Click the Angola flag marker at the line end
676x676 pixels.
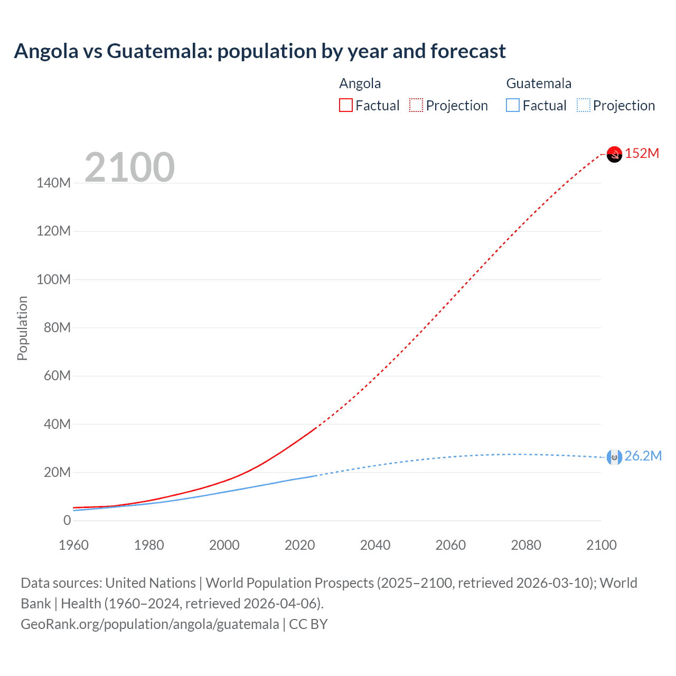[614, 154]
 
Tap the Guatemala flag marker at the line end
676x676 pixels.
[614, 457]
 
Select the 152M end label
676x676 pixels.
[642, 154]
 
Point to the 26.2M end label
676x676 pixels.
[643, 456]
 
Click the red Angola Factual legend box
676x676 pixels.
[345, 106]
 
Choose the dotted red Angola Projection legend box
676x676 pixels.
[416, 106]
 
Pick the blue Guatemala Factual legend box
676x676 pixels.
[513, 106]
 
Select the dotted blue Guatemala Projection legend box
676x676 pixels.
[583, 106]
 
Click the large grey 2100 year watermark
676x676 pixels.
[129, 167]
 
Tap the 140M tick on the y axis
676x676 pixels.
[53, 183]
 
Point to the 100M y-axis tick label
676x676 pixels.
[53, 279]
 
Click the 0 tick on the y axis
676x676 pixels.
[67, 520]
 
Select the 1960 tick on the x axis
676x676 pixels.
[73, 545]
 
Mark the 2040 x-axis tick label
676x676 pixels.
[375, 545]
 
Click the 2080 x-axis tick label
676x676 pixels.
[526, 545]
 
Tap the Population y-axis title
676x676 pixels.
[22, 328]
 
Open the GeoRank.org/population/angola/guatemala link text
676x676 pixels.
[149, 624]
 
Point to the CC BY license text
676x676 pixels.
[308, 624]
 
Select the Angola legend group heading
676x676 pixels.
[360, 83]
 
